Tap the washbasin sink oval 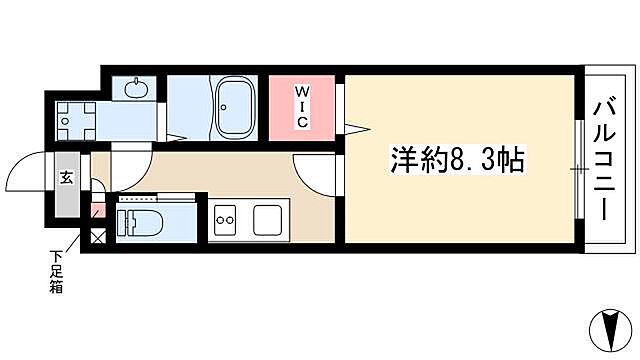(x=136, y=89)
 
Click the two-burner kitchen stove (x=225, y=216)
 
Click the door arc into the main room (x=316, y=176)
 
